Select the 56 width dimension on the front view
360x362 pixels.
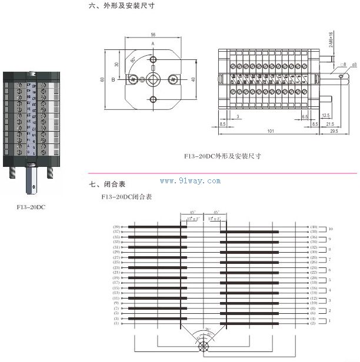(152, 34)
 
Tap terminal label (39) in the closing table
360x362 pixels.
(116, 226)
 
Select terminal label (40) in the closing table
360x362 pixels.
(314, 226)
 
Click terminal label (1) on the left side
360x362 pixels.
(116, 323)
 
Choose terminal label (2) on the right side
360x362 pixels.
(314, 323)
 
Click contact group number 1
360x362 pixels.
(330, 321)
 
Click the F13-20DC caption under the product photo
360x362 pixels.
(31, 207)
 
